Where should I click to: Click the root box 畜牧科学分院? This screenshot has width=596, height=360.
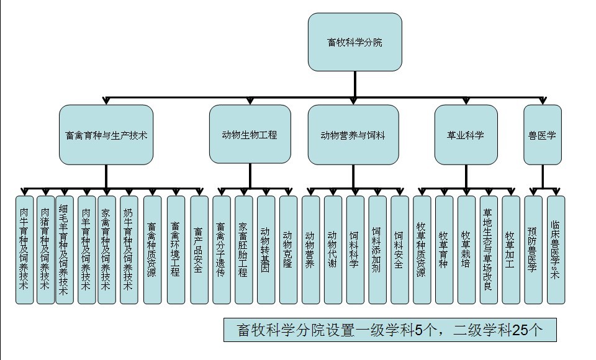[x=354, y=42]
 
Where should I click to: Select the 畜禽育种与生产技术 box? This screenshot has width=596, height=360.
[x=106, y=135]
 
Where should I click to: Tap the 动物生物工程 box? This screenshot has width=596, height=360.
[x=250, y=134]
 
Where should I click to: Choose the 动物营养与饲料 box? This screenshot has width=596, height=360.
[x=353, y=135]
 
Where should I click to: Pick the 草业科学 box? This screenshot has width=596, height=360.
[x=466, y=135]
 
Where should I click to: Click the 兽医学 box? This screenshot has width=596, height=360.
[x=543, y=135]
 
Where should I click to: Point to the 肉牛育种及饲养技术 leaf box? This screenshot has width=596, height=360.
[x=24, y=250]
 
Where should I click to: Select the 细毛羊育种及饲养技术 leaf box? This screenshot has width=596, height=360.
[x=64, y=250]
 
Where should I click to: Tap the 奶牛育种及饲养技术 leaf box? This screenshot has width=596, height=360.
[x=129, y=250]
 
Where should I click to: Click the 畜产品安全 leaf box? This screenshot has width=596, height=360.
[x=199, y=250]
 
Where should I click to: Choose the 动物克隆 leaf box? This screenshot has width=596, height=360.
[x=288, y=250]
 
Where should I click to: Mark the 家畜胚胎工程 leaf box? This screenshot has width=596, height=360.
[x=243, y=250]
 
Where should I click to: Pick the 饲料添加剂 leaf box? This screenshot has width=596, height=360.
[x=377, y=250]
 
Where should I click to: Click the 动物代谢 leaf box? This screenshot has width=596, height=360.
[x=333, y=250]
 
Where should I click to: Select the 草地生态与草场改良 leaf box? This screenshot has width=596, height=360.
[x=489, y=250]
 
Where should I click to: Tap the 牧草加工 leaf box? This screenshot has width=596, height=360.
[x=510, y=250]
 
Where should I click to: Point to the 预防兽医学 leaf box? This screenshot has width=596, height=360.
[x=533, y=250]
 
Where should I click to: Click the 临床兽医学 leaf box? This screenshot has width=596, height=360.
[x=556, y=250]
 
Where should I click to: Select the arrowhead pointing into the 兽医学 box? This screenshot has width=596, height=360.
[x=543, y=101]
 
